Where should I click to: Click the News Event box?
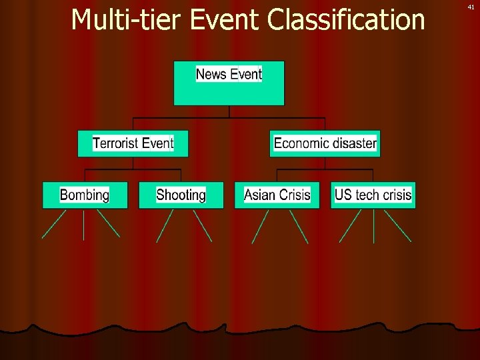pos(229,83)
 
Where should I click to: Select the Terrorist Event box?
pos(133,143)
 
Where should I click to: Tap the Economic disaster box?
pos(325,143)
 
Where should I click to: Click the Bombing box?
pos(85,195)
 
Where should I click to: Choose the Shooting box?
pos(181,195)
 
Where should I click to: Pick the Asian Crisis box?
pos(277,195)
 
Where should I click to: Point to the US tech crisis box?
pos(373,195)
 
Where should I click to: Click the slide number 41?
pos(471,7)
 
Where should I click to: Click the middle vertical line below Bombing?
pos(83,225)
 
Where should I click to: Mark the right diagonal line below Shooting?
pos(201,225)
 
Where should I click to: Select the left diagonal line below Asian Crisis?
pos(260,226)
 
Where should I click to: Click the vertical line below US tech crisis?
pos(373,225)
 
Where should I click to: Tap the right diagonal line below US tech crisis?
pos(397,225)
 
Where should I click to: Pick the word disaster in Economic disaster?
pos(353,143)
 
